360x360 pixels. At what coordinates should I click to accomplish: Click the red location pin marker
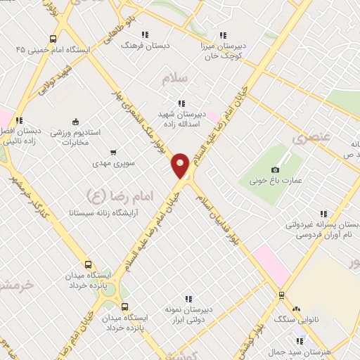pyautogui.click(x=181, y=165)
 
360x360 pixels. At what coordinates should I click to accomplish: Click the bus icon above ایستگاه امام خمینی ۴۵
pyautogui.click(x=53, y=39)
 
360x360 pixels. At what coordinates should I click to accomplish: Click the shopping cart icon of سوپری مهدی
pyautogui.click(x=113, y=152)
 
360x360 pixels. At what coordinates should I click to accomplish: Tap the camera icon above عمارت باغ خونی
pyautogui.click(x=275, y=169)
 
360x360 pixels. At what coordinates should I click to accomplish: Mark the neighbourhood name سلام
pyautogui.click(x=174, y=79)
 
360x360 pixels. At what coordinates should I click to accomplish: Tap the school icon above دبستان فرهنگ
pyautogui.click(x=145, y=34)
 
